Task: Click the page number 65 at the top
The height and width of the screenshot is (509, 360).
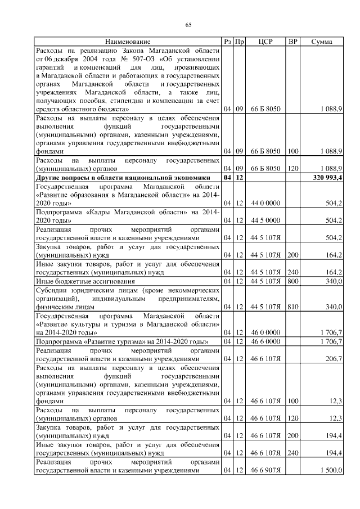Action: pos(188,24)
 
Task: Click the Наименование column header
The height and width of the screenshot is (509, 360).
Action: pos(128,42)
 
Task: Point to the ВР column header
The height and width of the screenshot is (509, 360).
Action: pos(292,42)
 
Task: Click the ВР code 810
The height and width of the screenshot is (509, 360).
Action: pos(292,307)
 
